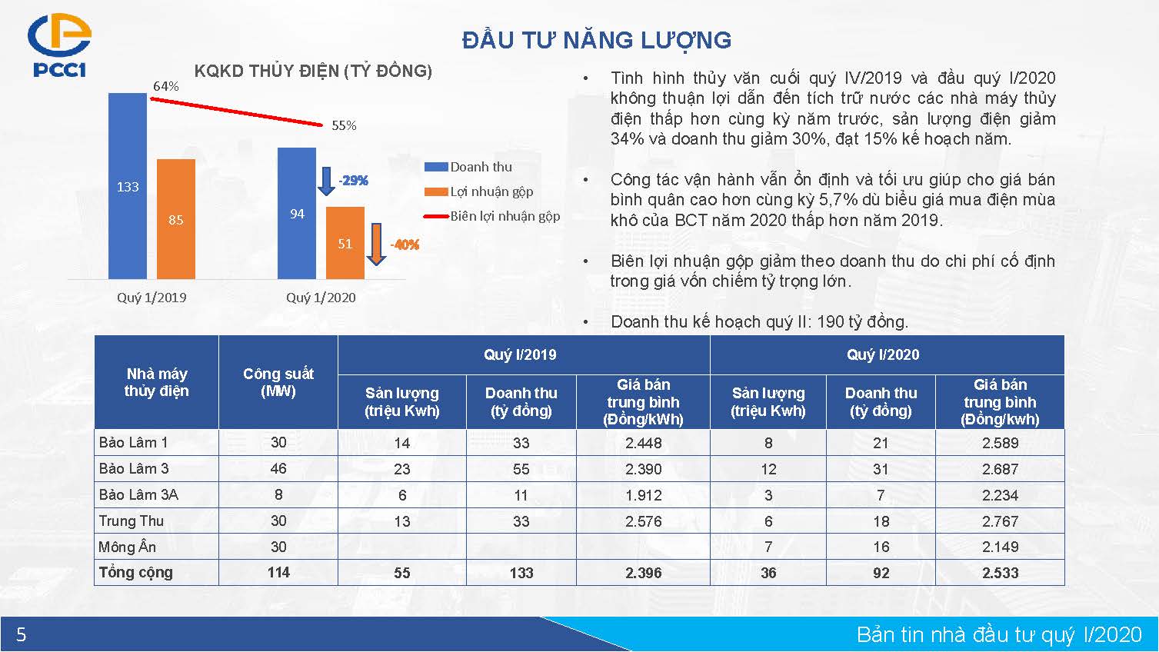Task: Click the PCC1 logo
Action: pos(59,45)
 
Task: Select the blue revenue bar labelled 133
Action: pos(128,186)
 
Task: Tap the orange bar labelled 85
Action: pos(176,219)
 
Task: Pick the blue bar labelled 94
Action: pos(296,214)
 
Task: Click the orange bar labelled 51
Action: pos(345,243)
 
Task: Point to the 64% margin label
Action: pos(165,86)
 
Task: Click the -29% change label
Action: pos(353,181)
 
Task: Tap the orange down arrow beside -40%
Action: pos(376,244)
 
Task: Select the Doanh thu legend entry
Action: pos(468,167)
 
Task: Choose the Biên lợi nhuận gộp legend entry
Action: pos(492,216)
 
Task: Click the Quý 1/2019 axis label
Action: pos(152,298)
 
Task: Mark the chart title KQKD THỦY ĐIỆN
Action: pos(313,71)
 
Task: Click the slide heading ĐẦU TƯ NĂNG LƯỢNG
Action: pos(597,40)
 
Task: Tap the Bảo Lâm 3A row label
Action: pos(138,494)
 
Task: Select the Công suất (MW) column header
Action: pos(278,382)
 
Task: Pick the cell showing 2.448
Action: pos(643,443)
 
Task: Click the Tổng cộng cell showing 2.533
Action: pos(1000,573)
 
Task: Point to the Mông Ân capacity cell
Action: pos(278,547)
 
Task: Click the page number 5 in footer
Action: pos(22,634)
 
